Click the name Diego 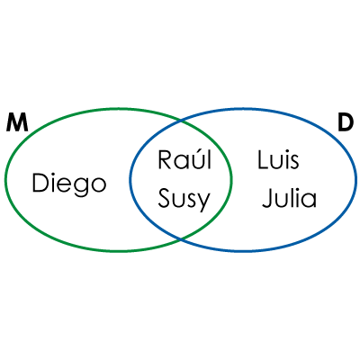coord(69,184)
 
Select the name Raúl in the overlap coord(184,159)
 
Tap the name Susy coord(184,200)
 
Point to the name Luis coord(278,160)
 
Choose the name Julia coord(289,198)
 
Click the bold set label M coord(17,122)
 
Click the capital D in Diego coord(40,183)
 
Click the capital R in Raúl coord(165,160)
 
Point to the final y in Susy coord(203,202)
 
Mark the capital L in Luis coord(263,160)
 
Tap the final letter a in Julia coord(310,202)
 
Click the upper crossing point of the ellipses coord(181,121)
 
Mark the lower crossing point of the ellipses coord(181,239)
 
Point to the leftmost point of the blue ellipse coord(130,180)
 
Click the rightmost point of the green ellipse coord(231,180)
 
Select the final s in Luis coord(294,163)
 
